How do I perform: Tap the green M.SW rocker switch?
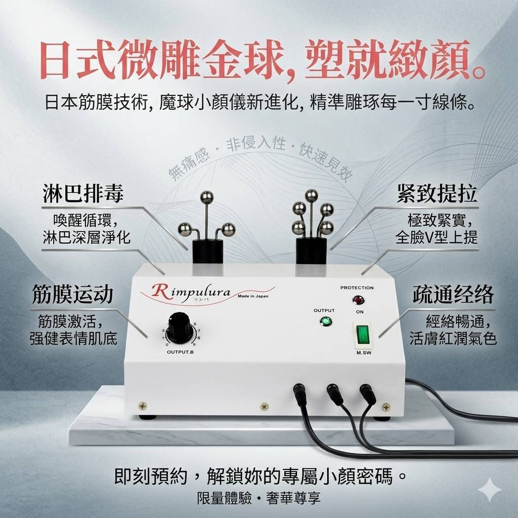pyautogui.click(x=363, y=335)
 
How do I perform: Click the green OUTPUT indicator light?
pyautogui.click(x=326, y=321)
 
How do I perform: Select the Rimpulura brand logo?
pyautogui.click(x=191, y=292)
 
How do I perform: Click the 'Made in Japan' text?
pyautogui.click(x=253, y=296)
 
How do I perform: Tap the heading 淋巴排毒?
pyautogui.click(x=83, y=194)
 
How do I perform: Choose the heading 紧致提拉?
pyautogui.click(x=437, y=193)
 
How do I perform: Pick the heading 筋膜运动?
pyautogui.click(x=73, y=294)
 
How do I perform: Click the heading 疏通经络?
pyautogui.click(x=453, y=294)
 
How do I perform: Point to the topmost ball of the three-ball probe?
pyautogui.click(x=207, y=198)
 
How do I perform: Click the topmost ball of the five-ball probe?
pyautogui.click(x=311, y=196)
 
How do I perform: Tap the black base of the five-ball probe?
pyautogui.click(x=311, y=250)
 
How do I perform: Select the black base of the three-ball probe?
pyautogui.click(x=207, y=251)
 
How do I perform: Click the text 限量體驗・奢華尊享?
pyautogui.click(x=258, y=498)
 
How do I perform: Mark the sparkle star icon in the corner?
pyautogui.click(x=490, y=490)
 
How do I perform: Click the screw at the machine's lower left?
pyautogui.click(x=143, y=405)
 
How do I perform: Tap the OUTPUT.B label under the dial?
pyautogui.click(x=181, y=352)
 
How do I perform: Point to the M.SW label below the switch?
pyautogui.click(x=364, y=353)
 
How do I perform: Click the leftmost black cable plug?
pyautogui.click(x=301, y=394)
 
